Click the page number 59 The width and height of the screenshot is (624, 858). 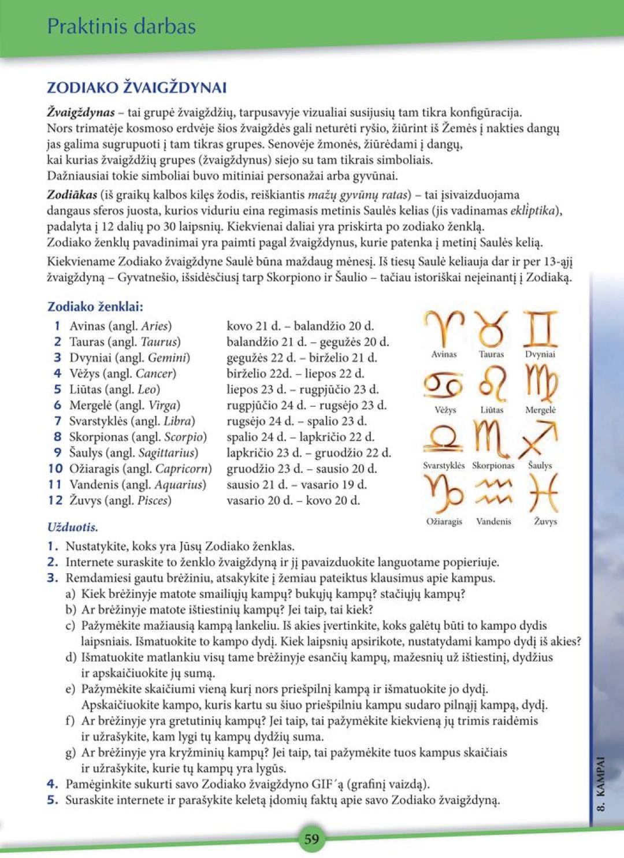(x=311, y=838)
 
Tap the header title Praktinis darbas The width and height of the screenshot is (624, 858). (x=121, y=27)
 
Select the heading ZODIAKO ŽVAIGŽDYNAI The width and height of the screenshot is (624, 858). (x=136, y=88)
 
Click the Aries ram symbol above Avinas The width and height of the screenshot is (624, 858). (x=444, y=328)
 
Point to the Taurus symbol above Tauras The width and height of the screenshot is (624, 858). (x=491, y=328)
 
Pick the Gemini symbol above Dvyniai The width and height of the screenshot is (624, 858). (x=540, y=328)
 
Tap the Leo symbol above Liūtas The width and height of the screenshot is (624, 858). (x=492, y=384)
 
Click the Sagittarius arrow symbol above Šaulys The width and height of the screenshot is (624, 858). (x=540, y=440)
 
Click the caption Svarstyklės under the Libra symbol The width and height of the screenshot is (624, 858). (x=444, y=466)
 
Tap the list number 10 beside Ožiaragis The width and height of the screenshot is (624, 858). (x=55, y=469)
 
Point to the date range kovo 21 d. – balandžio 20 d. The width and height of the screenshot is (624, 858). (x=300, y=326)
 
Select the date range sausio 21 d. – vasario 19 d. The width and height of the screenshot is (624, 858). (x=296, y=485)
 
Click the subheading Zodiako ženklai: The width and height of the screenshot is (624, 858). (x=95, y=307)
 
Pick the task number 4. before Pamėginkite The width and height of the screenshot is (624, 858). (x=53, y=784)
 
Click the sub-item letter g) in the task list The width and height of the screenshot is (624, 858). (x=70, y=753)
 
